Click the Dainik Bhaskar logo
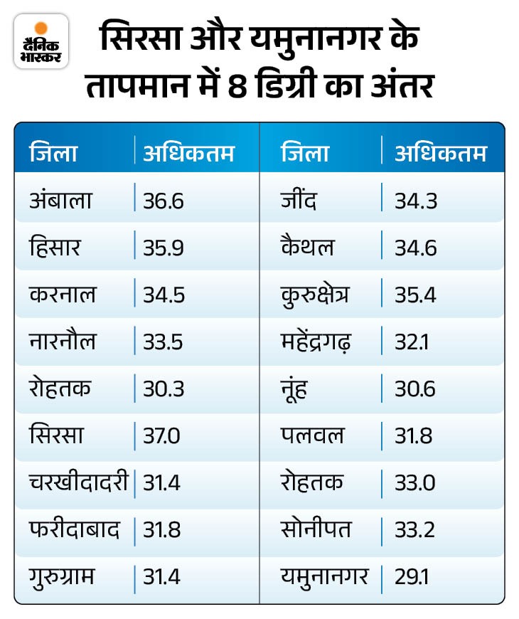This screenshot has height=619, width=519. [41, 41]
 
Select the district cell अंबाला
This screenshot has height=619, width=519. [61, 200]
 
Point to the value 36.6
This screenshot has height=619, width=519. [164, 201]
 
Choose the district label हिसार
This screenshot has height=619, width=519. [56, 248]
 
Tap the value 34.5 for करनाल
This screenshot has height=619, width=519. [164, 295]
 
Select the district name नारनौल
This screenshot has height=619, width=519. [63, 342]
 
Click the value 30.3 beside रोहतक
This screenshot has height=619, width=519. [164, 388]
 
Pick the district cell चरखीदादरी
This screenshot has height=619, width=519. [78, 482]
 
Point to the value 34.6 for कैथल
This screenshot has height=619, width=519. [416, 248]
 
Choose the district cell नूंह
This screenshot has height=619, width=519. [295, 388]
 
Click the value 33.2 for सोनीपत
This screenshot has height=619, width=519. [416, 529]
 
